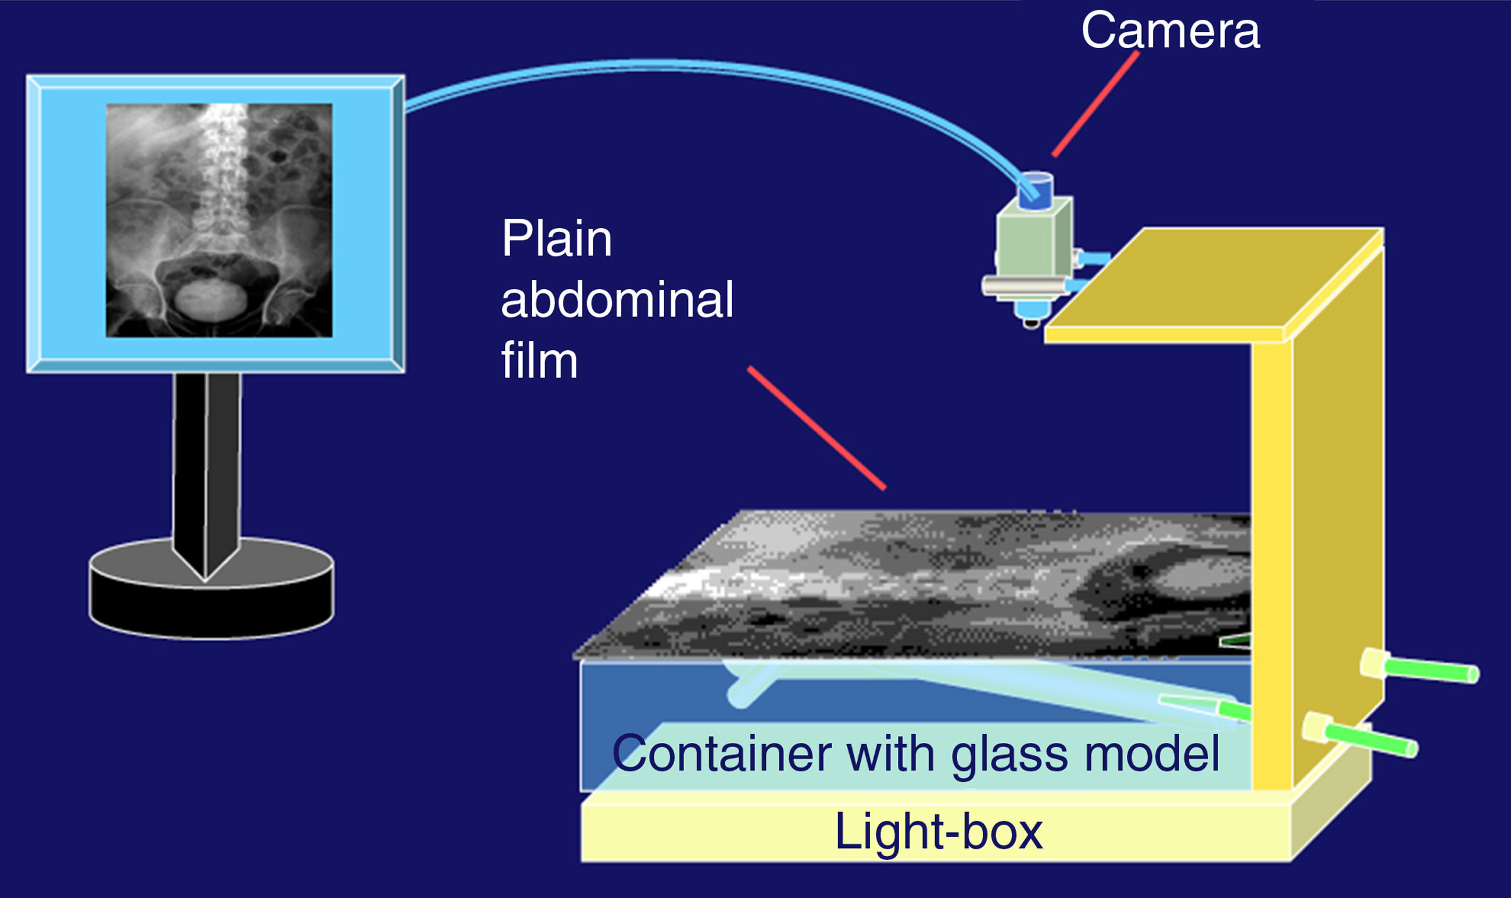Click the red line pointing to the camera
click(1095, 104)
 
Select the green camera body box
click(1029, 248)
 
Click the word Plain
click(556, 240)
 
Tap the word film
click(539, 361)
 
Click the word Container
click(721, 753)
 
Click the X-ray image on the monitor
click(219, 220)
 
